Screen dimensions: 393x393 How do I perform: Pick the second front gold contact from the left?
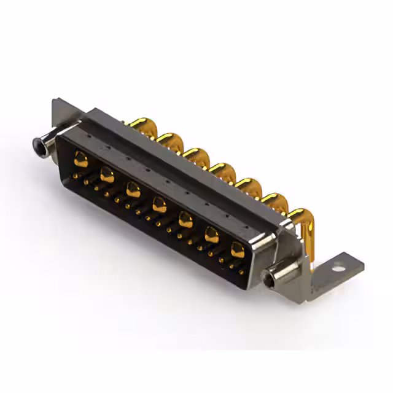107,175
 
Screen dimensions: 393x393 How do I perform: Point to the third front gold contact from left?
133,189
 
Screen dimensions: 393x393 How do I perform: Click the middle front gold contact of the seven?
159,204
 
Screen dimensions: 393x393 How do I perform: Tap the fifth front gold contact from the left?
185,219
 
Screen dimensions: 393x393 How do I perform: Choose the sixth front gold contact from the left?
212,233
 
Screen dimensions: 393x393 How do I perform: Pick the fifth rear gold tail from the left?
249,185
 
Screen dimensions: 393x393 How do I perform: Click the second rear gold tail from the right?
274,200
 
